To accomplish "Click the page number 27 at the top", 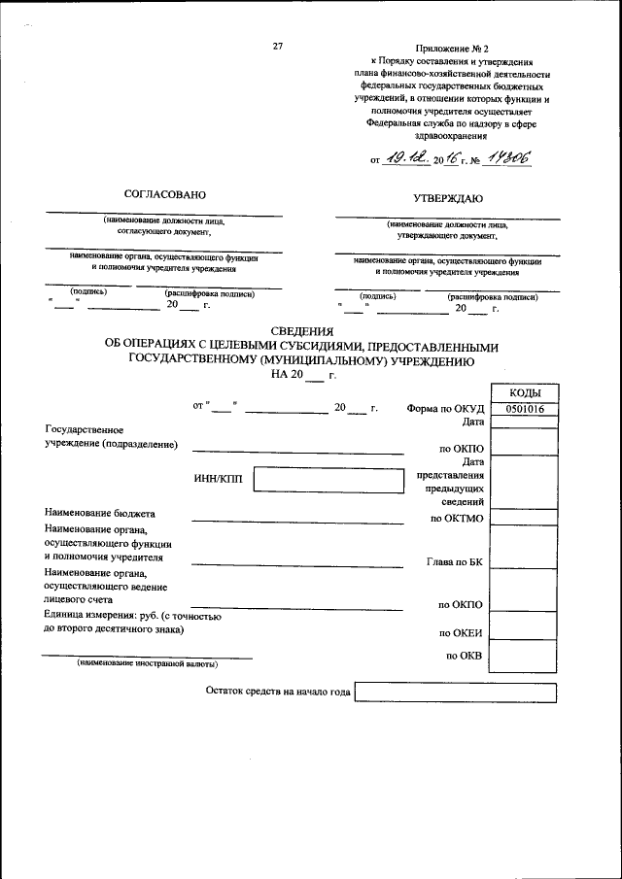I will [278, 46].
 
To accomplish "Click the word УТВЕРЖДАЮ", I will [448, 197].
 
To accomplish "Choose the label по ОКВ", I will [465, 657].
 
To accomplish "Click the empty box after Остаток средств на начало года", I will [455, 693].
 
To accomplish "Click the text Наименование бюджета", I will [99, 513].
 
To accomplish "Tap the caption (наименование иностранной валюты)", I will [148, 664].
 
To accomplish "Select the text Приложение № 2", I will [452, 47].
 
